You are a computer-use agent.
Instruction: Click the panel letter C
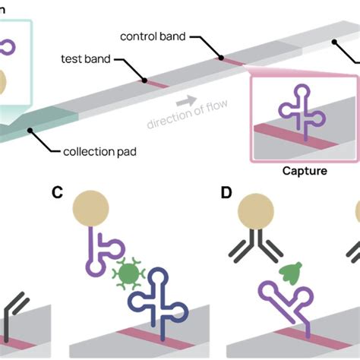point(57,192)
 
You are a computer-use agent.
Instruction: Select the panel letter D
point(226,192)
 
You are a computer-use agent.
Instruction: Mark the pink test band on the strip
point(159,84)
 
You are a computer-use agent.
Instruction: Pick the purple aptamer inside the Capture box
point(302,116)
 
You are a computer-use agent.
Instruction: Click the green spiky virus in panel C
point(126,272)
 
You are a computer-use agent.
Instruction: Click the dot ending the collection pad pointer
point(30,131)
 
